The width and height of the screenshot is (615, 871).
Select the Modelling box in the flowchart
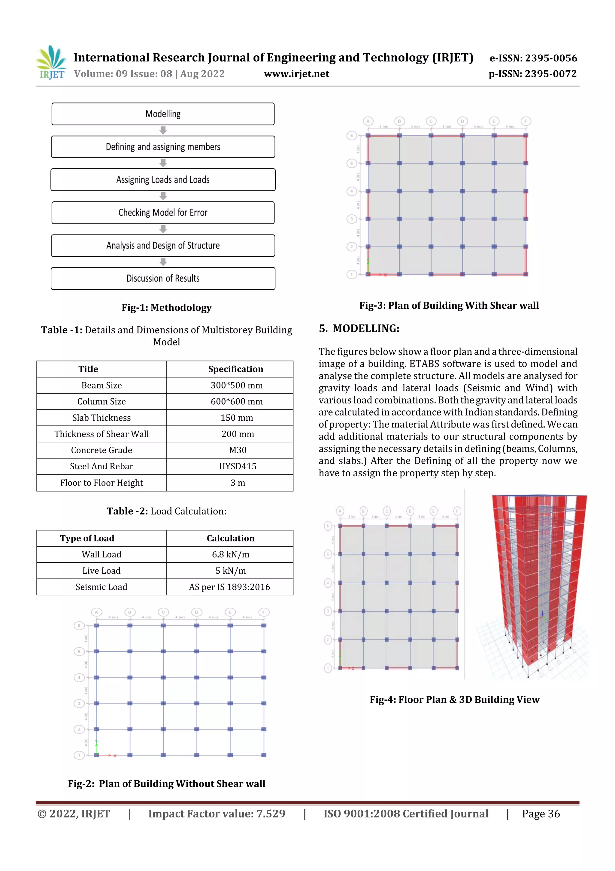(163, 114)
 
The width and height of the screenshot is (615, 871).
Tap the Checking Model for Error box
(163, 213)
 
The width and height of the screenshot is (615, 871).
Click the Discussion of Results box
(163, 278)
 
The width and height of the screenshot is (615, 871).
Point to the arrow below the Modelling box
(163, 130)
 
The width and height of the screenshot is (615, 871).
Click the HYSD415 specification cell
(238, 466)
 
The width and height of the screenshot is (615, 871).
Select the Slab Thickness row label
(101, 418)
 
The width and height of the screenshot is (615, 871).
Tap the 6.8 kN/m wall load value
(230, 554)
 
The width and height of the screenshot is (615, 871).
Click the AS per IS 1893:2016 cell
(230, 587)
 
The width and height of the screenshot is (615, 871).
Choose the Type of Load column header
(87, 538)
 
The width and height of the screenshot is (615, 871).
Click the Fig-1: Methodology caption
(166, 307)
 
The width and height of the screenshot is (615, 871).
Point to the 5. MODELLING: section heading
(359, 329)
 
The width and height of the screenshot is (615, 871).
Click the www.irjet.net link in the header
(296, 74)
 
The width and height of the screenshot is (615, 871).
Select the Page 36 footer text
(541, 814)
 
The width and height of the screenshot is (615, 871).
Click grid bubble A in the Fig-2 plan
(97, 612)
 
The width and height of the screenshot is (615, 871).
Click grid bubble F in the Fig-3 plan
(526, 121)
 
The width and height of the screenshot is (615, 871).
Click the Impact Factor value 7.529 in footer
(217, 814)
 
